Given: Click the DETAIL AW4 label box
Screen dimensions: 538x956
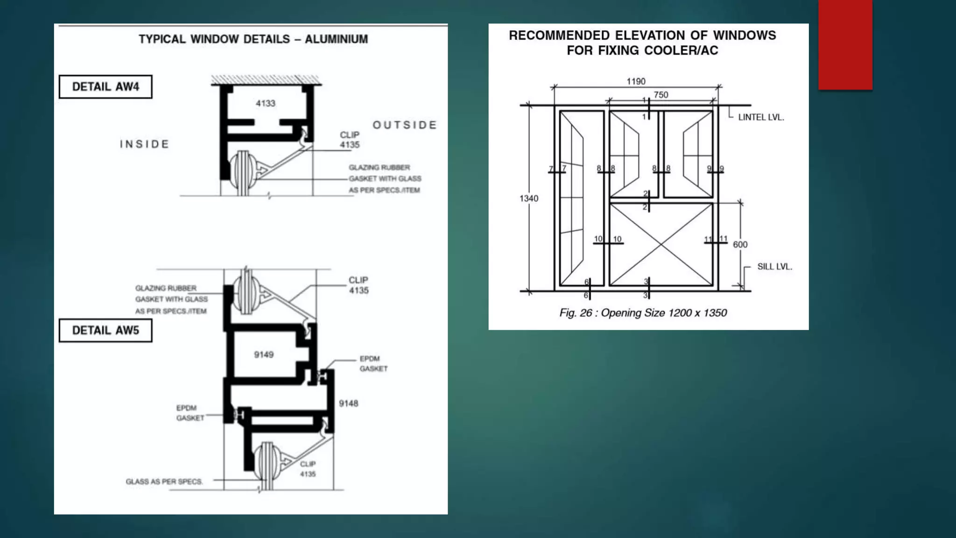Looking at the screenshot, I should (105, 87).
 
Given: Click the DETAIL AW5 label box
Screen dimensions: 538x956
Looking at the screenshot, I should (105, 331).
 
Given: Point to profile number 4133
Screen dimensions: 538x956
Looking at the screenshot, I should (265, 103).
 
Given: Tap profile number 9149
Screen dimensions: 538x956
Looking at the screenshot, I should (264, 355).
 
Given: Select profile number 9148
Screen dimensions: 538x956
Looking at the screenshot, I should (348, 403).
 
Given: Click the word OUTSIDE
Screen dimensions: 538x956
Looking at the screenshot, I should (405, 125).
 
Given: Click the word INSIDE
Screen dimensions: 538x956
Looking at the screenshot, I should (145, 144).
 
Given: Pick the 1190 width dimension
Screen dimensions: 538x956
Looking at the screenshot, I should (636, 82).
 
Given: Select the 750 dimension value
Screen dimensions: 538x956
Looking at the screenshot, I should (661, 95).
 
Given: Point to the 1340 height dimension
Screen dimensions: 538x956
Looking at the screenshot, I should (528, 198).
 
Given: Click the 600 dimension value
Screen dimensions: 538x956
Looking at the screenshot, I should (740, 245).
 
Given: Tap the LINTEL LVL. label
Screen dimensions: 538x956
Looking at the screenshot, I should (761, 118).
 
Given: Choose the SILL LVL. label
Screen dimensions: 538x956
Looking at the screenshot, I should (774, 267).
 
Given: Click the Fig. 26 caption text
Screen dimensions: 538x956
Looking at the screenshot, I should (643, 313).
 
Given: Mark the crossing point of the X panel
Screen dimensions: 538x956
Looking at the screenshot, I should (661, 244).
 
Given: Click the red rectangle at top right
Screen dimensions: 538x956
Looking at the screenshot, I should (845, 44).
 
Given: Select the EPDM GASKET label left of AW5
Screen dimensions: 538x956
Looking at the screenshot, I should (190, 413).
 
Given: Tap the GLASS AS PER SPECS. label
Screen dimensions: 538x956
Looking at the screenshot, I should (164, 481).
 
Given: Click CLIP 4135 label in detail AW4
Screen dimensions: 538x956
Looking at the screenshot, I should (350, 140).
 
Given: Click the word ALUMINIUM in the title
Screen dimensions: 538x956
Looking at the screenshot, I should (336, 39).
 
